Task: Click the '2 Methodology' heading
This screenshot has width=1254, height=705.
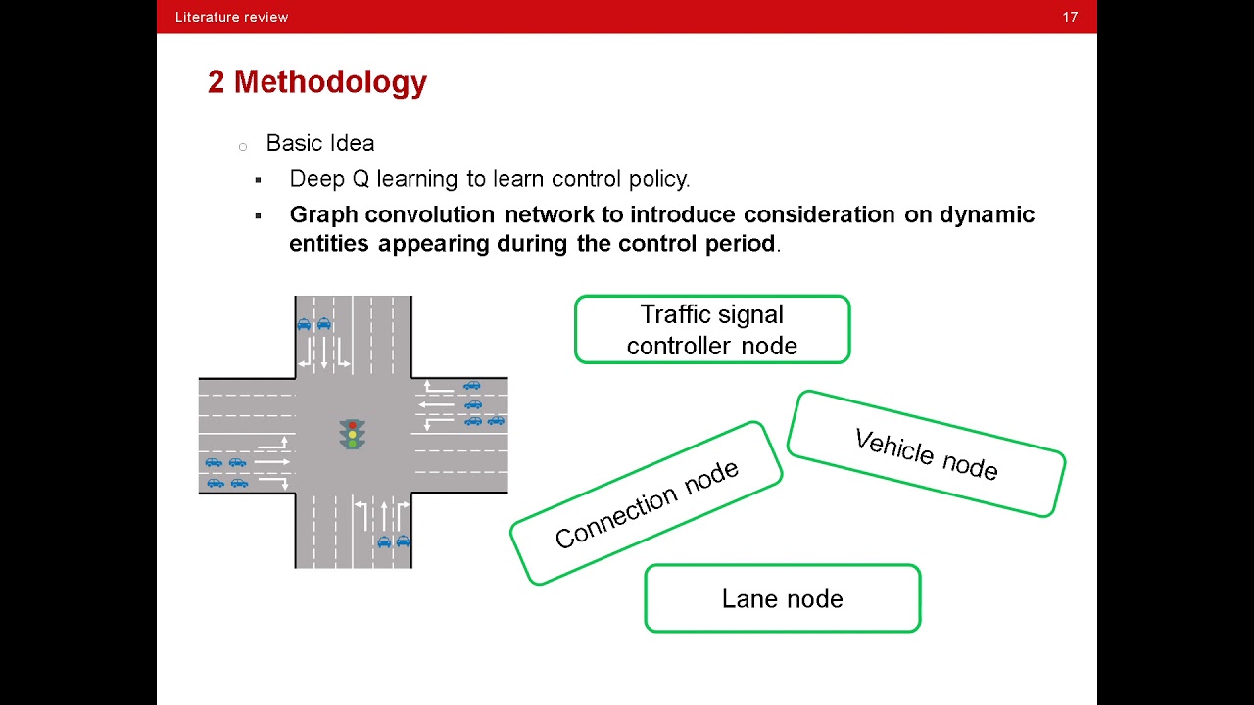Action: coord(316,82)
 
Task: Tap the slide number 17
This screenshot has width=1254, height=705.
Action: coord(1070,17)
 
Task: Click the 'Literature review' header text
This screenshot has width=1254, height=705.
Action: coord(231,17)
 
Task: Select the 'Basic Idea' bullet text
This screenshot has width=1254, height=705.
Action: coord(319,143)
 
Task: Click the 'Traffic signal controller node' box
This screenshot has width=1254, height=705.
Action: coord(711,330)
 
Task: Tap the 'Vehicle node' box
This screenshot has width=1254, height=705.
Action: coord(926,454)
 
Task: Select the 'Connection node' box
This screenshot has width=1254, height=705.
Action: coord(646,503)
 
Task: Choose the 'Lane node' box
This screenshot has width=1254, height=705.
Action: coord(782,598)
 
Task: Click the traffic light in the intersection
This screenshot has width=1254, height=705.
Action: coord(353,435)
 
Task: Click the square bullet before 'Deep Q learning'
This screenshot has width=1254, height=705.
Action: coord(259,180)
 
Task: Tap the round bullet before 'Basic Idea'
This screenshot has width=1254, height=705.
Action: coord(243,147)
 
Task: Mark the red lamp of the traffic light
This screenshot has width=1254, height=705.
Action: coord(353,426)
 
